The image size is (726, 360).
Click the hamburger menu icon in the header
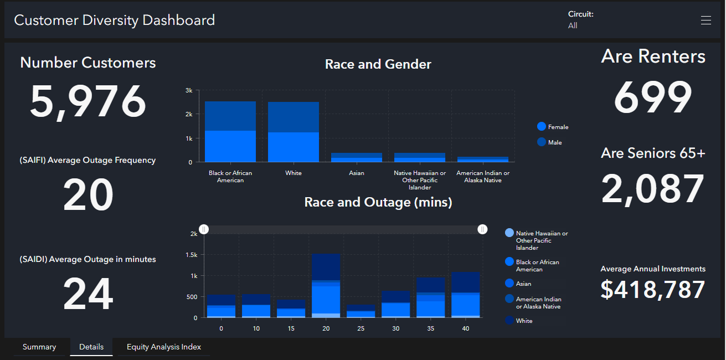[706, 20]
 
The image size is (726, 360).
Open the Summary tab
[39, 347]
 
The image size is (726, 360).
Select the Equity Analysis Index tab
[164, 347]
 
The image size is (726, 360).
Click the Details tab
[91, 347]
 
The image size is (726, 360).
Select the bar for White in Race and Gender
[294, 132]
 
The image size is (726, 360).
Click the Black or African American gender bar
[230, 132]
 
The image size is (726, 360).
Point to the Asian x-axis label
[357, 173]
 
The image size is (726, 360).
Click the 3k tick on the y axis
[189, 90]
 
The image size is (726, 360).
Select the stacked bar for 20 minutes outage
[326, 286]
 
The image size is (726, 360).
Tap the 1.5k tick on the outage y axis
[191, 255]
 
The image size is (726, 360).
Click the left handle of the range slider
[204, 229]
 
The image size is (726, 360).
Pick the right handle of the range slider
[482, 229]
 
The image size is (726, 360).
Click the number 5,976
[88, 102]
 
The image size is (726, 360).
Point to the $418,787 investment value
[653, 290]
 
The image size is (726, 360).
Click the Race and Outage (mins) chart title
[378, 203]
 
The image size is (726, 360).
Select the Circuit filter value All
[573, 25]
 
